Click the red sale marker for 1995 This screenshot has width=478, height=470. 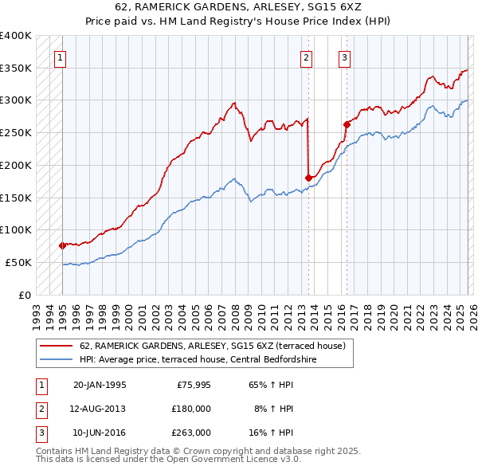coord(62,245)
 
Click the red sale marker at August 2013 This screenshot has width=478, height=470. coord(308,178)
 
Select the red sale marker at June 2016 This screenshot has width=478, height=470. coord(347,123)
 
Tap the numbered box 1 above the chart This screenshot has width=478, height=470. coord(61,57)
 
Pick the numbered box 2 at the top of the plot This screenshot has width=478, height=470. coord(307,57)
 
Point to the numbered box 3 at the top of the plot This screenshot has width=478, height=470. coord(344,57)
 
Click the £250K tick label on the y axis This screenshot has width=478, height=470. coord(15,132)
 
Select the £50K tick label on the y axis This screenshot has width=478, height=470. coord(18,262)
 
